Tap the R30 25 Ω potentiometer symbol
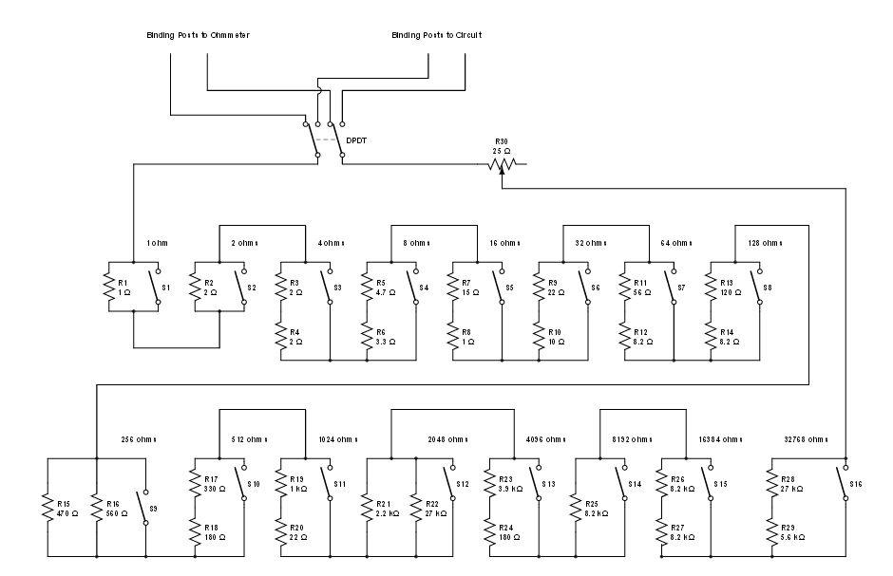click(501, 164)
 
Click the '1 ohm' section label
click(158, 243)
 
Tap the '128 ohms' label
click(760, 243)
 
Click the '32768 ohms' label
click(804, 439)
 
